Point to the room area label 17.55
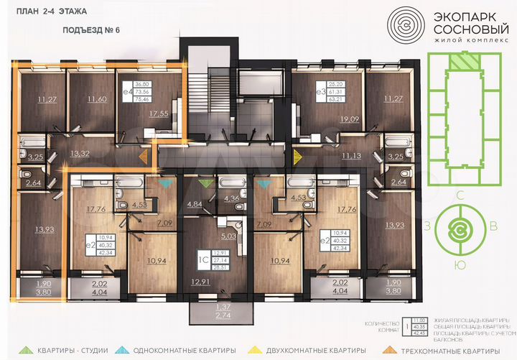(x=159, y=113)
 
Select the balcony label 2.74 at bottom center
(x=203, y=315)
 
